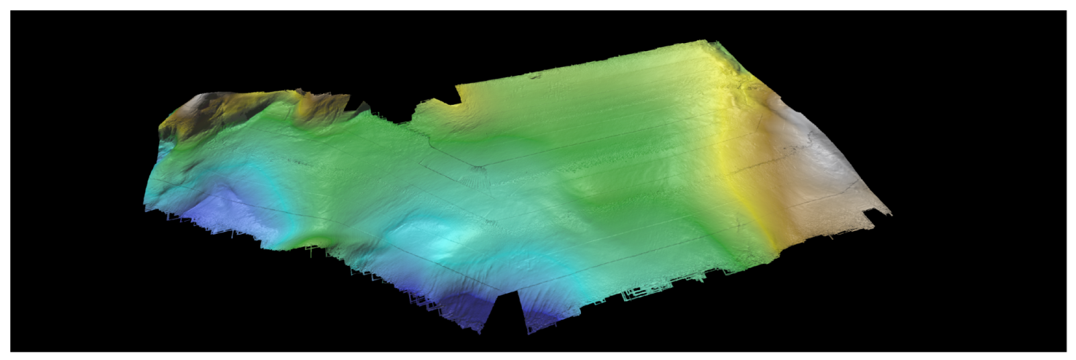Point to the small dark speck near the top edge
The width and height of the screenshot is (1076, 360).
pos(535,77)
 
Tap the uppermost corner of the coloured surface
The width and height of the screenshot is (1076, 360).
pos(707,41)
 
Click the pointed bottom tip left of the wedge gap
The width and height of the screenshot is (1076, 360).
pos(480,332)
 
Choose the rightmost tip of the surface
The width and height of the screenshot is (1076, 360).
pos(891,214)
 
